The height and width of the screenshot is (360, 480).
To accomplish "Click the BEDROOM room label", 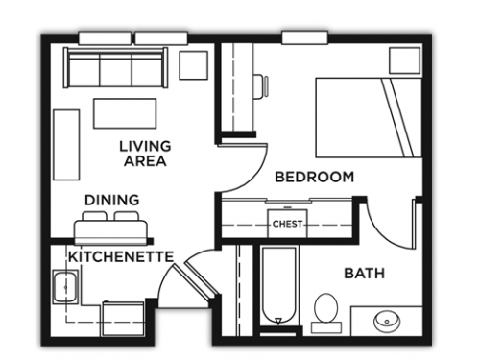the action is click(x=315, y=177).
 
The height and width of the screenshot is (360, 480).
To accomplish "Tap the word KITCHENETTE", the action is click(x=121, y=256).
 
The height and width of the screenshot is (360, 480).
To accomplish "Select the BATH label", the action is click(x=364, y=274).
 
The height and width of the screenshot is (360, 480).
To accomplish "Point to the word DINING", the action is click(x=112, y=200).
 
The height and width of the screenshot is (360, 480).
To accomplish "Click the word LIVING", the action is click(x=145, y=147).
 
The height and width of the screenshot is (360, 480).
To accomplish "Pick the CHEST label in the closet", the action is click(x=287, y=224).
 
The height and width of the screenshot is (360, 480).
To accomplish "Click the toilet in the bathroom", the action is click(x=326, y=313).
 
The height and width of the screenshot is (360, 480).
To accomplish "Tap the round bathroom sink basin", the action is click(x=387, y=321).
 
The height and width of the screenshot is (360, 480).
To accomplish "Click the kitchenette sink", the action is click(x=66, y=287).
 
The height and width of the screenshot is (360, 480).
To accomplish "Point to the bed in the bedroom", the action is click(x=369, y=118).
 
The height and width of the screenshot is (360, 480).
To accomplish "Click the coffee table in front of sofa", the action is click(x=125, y=113).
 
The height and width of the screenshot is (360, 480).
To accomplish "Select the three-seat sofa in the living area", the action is click(x=115, y=67).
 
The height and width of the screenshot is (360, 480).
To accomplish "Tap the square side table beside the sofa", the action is click(x=193, y=65).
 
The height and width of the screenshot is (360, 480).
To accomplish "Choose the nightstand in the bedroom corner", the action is click(x=404, y=60).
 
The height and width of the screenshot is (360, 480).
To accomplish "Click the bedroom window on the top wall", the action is click(x=305, y=37).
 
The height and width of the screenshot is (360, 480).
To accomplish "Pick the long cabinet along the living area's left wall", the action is click(x=66, y=145).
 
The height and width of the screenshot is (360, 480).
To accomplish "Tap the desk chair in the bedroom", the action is click(x=261, y=86).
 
